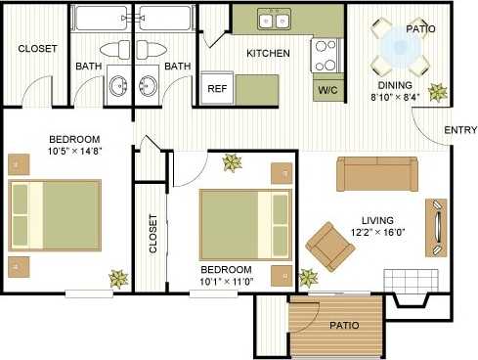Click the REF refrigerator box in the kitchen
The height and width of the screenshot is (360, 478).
point(216,87)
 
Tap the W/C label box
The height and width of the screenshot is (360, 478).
point(326,89)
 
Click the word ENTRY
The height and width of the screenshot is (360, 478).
point(459,131)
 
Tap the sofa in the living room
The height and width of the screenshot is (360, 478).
point(376,174)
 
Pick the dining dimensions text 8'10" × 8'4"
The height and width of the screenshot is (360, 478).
point(396,97)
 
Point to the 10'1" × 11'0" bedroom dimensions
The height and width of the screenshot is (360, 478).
point(226,282)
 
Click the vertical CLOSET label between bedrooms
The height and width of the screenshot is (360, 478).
point(152,234)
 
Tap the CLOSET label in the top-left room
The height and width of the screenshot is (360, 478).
point(37,48)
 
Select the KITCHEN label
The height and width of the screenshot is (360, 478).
point(268,53)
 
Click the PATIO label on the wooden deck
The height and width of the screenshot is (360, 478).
point(343,325)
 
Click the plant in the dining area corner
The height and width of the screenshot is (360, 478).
point(436,94)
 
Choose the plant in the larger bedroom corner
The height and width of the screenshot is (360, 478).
point(118,278)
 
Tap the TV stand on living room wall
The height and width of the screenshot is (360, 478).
point(436,228)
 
